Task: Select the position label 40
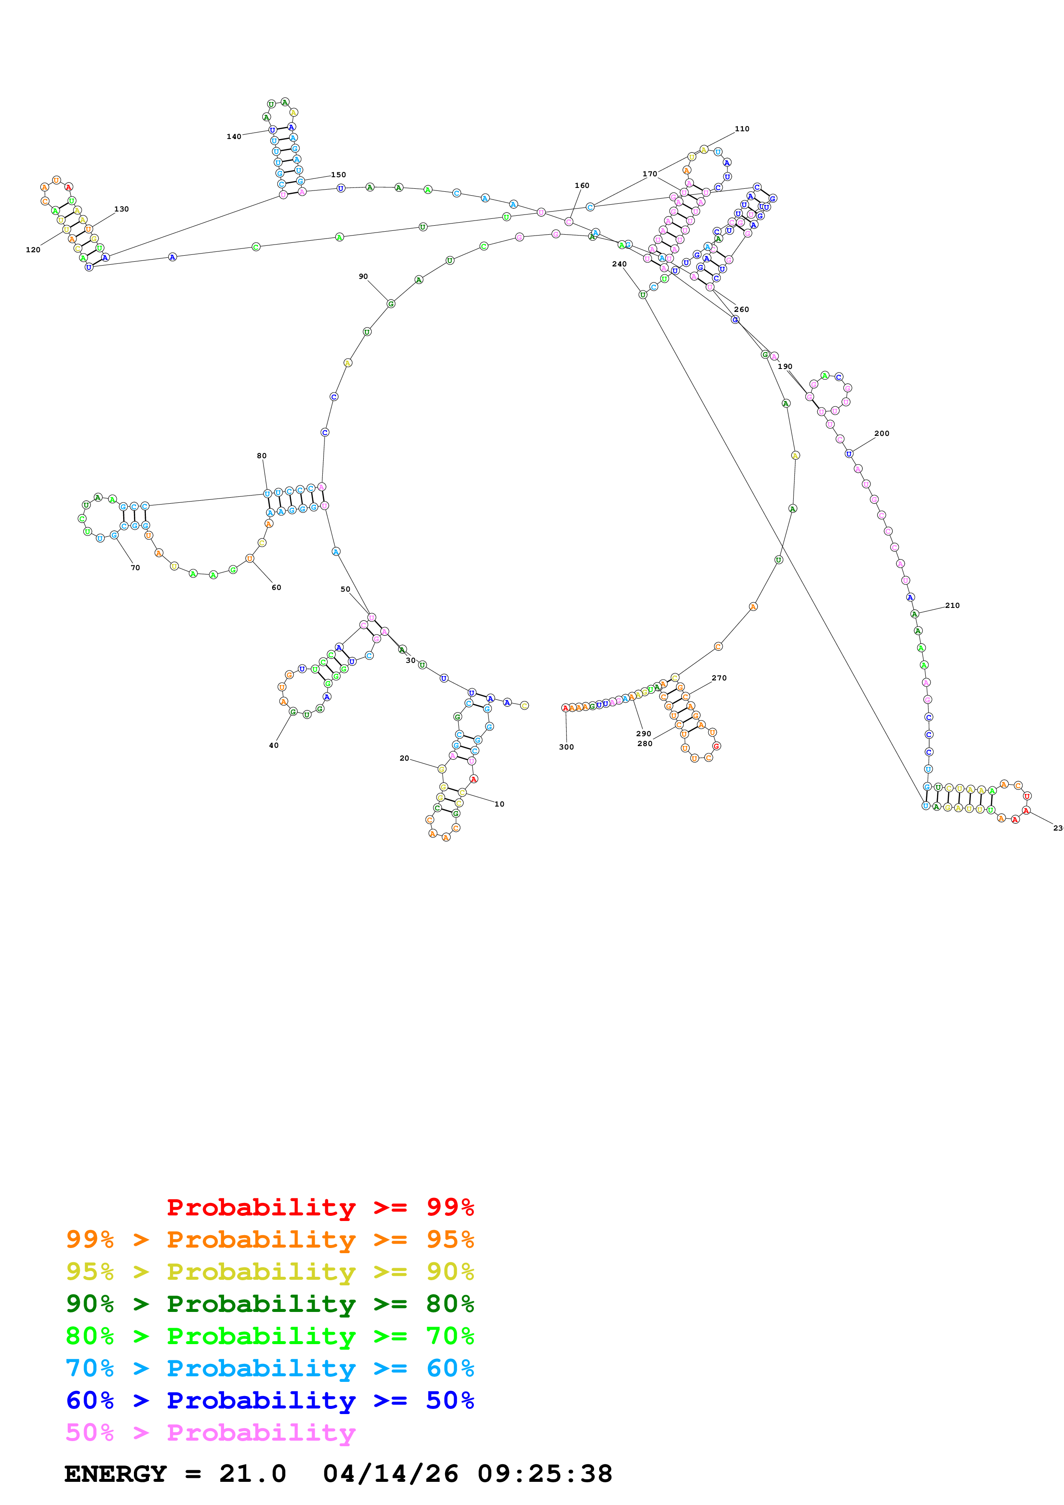(273, 745)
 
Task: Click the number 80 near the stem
(261, 456)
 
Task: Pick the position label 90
(363, 277)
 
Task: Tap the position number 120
(33, 250)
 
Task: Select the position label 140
(234, 136)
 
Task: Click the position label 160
(582, 185)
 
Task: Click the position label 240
(619, 264)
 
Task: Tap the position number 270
(719, 678)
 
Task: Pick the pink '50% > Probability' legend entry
(210, 1432)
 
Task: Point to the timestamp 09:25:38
(544, 1474)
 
